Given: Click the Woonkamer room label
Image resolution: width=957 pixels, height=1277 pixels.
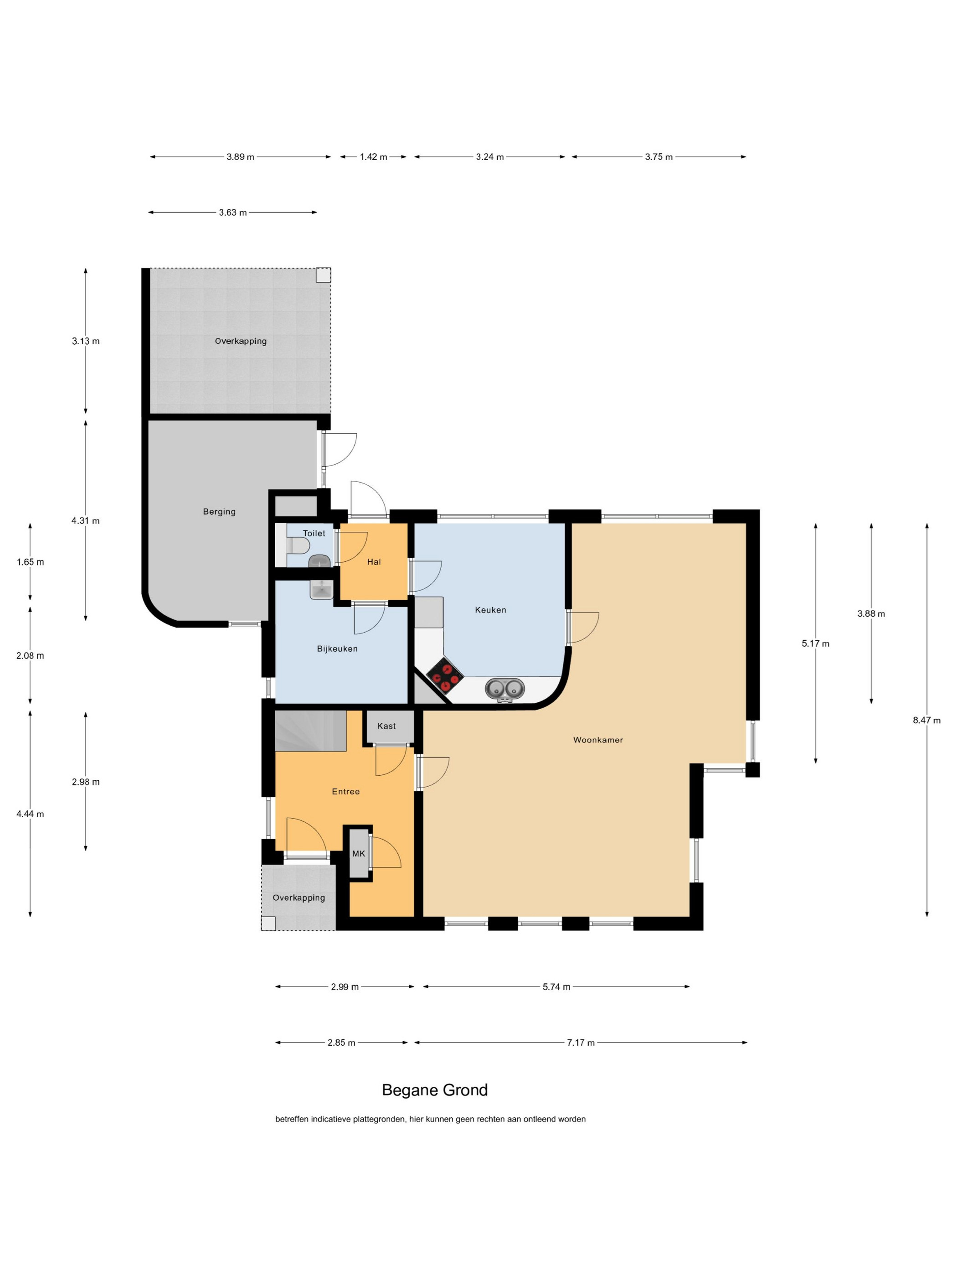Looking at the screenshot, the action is point(597,740).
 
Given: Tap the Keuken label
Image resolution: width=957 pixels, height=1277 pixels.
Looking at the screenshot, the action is point(490,610).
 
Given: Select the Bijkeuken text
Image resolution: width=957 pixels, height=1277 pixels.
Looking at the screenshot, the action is point(337,649).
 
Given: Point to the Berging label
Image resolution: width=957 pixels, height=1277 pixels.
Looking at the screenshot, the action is point(219,512).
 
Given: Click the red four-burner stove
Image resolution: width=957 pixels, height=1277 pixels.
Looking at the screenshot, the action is point(445,675).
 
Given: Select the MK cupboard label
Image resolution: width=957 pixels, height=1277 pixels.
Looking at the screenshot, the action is point(358,853).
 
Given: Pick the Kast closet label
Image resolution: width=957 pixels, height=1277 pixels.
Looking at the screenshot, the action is point(386,726).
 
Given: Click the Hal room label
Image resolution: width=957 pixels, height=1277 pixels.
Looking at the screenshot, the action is point(374,562).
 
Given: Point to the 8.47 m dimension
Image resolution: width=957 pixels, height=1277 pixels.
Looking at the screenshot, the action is point(926,720).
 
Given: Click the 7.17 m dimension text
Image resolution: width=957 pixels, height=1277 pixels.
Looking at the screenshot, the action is point(580,1043).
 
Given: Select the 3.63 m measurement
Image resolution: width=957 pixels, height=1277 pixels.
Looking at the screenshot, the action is point(232,213).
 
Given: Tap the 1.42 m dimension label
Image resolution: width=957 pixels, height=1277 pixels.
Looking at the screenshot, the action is point(373,156).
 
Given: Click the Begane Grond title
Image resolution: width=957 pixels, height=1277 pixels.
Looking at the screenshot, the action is point(435,1090).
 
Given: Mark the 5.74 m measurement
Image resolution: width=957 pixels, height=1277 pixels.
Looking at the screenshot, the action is point(556,986).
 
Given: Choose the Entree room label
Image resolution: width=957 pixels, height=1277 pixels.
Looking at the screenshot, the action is point(345,791).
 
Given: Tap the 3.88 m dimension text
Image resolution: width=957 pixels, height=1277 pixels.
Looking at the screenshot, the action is point(871,614).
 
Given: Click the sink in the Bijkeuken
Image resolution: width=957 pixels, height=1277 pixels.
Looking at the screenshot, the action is point(321,589).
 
